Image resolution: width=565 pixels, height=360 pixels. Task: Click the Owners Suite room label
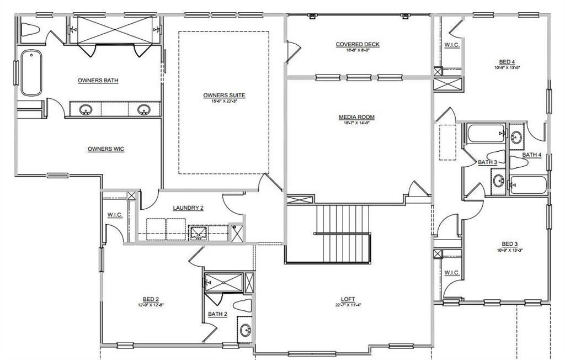(223, 95)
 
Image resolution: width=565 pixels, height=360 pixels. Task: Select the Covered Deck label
(358, 44)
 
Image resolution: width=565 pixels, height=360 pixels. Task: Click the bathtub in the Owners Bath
(31, 72)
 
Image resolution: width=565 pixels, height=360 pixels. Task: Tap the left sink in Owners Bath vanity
(86, 109)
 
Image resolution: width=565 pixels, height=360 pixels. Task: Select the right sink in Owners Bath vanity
(143, 109)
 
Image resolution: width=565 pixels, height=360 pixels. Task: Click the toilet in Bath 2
(243, 305)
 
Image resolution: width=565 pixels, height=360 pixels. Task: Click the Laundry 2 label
(188, 208)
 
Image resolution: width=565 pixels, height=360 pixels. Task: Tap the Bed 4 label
(508, 62)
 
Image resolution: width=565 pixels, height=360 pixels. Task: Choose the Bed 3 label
(509, 243)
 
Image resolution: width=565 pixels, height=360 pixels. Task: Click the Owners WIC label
(105, 149)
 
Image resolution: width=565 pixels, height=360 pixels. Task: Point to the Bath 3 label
(487, 162)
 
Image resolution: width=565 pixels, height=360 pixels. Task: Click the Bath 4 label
(532, 155)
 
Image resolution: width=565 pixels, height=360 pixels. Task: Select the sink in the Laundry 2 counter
(197, 233)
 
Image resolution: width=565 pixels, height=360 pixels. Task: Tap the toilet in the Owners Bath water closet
(30, 29)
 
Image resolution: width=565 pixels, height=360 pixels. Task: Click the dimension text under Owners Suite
(223, 101)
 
